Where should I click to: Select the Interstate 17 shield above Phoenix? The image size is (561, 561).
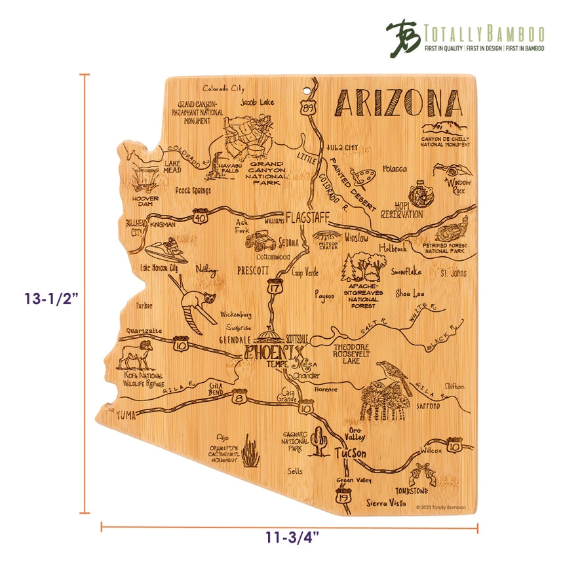pos(273,286)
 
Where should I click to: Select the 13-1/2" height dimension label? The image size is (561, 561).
pos(50,299)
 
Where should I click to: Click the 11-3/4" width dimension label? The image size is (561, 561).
pos(288,538)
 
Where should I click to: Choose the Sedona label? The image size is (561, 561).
pos(287,242)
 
